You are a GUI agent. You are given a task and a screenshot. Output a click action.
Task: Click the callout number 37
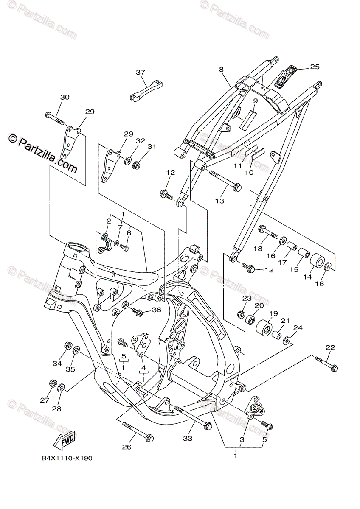click(141, 73)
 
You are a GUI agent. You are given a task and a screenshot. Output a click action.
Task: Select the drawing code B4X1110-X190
click(67, 459)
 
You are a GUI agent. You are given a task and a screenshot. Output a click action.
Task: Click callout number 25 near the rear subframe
click(315, 67)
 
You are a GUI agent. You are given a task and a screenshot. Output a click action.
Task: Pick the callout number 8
click(221, 69)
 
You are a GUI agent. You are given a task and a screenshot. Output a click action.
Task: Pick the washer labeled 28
click(61, 387)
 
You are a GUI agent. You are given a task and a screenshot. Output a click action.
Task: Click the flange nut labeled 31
click(137, 165)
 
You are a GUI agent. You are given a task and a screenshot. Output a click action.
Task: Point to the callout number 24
click(298, 328)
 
